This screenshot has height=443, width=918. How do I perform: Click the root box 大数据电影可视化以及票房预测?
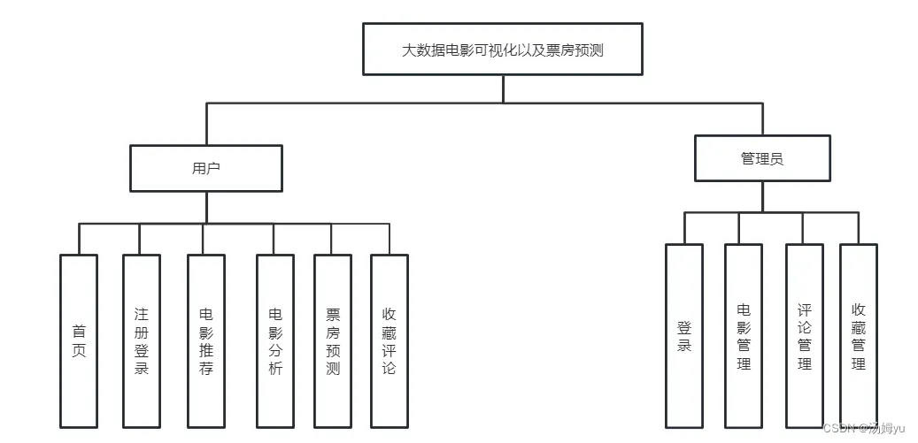coord(503,50)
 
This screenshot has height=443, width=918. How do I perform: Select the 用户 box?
coord(206,168)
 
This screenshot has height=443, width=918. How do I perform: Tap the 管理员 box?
coord(762,158)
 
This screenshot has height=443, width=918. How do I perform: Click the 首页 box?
coord(79,340)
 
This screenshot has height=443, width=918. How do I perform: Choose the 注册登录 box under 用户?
coord(142,340)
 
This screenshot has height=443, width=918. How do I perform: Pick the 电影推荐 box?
coord(206,340)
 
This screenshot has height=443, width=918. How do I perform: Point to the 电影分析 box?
coord(274,340)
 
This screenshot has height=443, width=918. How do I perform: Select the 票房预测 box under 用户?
coord(333,340)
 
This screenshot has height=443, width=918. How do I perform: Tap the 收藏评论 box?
coord(389,340)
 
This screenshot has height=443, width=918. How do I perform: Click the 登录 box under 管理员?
coord(684,337)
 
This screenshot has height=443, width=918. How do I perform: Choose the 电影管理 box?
coord(744,337)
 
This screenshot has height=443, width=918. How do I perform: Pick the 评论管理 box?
coord(804,337)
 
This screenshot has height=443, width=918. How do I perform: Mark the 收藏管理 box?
coord(858,337)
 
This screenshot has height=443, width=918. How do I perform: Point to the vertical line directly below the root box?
coord(503,89)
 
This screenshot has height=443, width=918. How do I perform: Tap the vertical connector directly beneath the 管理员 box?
coord(762,196)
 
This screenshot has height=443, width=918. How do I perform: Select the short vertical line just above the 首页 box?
coord(79,239)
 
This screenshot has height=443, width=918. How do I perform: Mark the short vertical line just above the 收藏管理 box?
coord(858,228)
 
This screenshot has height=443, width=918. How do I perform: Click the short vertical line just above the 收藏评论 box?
coord(389,239)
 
